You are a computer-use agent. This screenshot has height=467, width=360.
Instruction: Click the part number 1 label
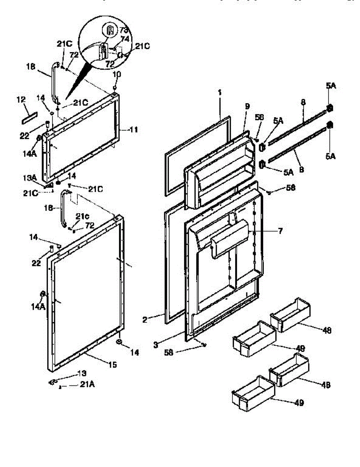[x=220, y=93]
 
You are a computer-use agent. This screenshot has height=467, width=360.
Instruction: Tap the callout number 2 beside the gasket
[x=144, y=320]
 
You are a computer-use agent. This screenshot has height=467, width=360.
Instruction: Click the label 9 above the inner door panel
[x=247, y=106]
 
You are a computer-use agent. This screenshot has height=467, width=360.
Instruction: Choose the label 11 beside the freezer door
[x=133, y=130]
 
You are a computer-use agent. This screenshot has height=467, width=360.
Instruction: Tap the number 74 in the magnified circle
[x=125, y=39]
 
